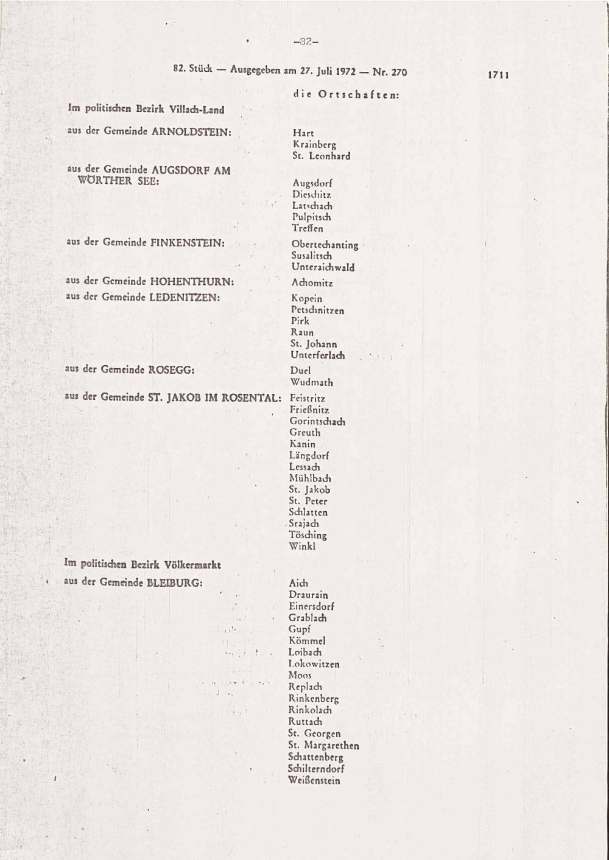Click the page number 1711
coord(498,75)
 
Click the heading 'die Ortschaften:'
coord(346,94)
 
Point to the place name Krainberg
coord(314,145)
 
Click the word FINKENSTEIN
coord(187,242)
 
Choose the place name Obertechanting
coord(325,245)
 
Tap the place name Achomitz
coord(312,283)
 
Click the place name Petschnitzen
coord(317,310)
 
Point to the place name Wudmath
coord(312,382)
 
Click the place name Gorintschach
coord(317,421)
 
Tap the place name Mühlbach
coord(310,478)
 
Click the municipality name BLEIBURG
coord(174,582)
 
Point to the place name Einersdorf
coord(311,606)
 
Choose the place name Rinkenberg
coord(313,699)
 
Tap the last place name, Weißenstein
coord(314,780)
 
